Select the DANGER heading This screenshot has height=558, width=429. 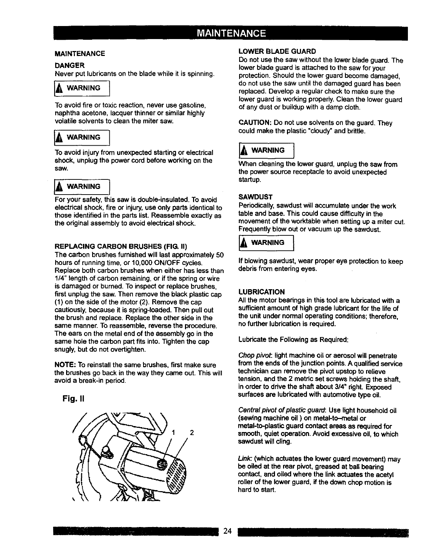point(70,65)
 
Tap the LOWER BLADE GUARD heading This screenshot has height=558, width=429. point(277,51)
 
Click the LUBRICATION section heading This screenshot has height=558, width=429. point(262,292)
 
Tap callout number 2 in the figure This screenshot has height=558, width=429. point(192,433)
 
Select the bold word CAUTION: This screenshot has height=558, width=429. point(255,123)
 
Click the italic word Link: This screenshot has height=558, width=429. point(245,459)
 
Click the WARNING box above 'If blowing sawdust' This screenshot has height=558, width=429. point(266,242)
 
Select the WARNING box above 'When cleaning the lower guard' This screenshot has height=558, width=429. point(266,150)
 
